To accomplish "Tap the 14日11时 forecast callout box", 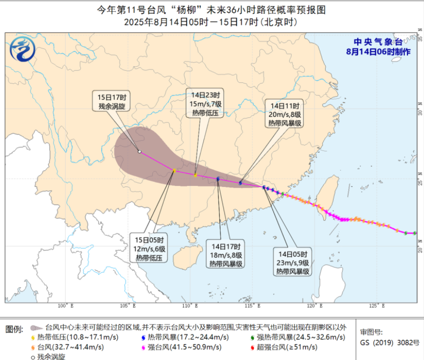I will click(x=284, y=114).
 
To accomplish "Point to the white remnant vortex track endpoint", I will click(x=139, y=151).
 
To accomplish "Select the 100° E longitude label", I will click(x=65, y=305).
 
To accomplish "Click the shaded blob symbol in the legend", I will click(x=36, y=327).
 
